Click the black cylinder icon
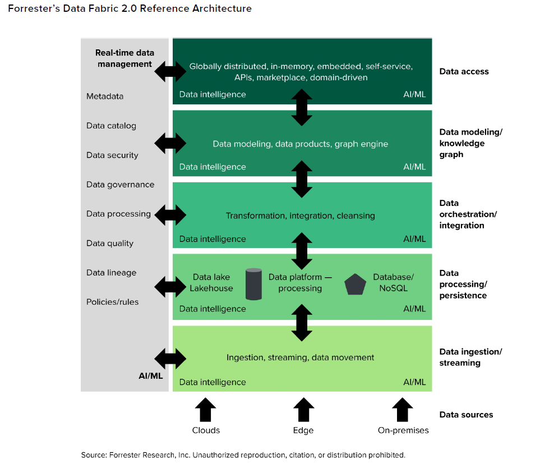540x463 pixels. point(253,284)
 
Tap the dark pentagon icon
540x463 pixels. point(355,285)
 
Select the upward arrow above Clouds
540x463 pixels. point(206,410)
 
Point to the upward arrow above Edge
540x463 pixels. point(303,410)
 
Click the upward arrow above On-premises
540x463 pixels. point(402,410)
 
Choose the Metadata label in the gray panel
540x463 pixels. point(105,96)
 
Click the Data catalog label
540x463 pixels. point(111,126)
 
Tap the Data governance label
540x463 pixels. point(120,185)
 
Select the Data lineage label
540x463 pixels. point(111,273)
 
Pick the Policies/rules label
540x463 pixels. point(112,302)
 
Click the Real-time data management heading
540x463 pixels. point(124,58)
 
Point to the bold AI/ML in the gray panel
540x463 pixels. point(150,376)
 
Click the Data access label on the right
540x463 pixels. point(464,71)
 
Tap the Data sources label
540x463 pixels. point(466,415)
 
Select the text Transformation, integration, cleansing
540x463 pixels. point(301,216)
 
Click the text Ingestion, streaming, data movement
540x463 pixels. point(301,357)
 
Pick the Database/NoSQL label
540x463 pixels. point(393,283)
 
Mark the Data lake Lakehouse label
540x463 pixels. point(211,283)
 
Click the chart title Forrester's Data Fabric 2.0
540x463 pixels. point(130,8)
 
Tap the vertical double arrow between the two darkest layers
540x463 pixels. point(302,107)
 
